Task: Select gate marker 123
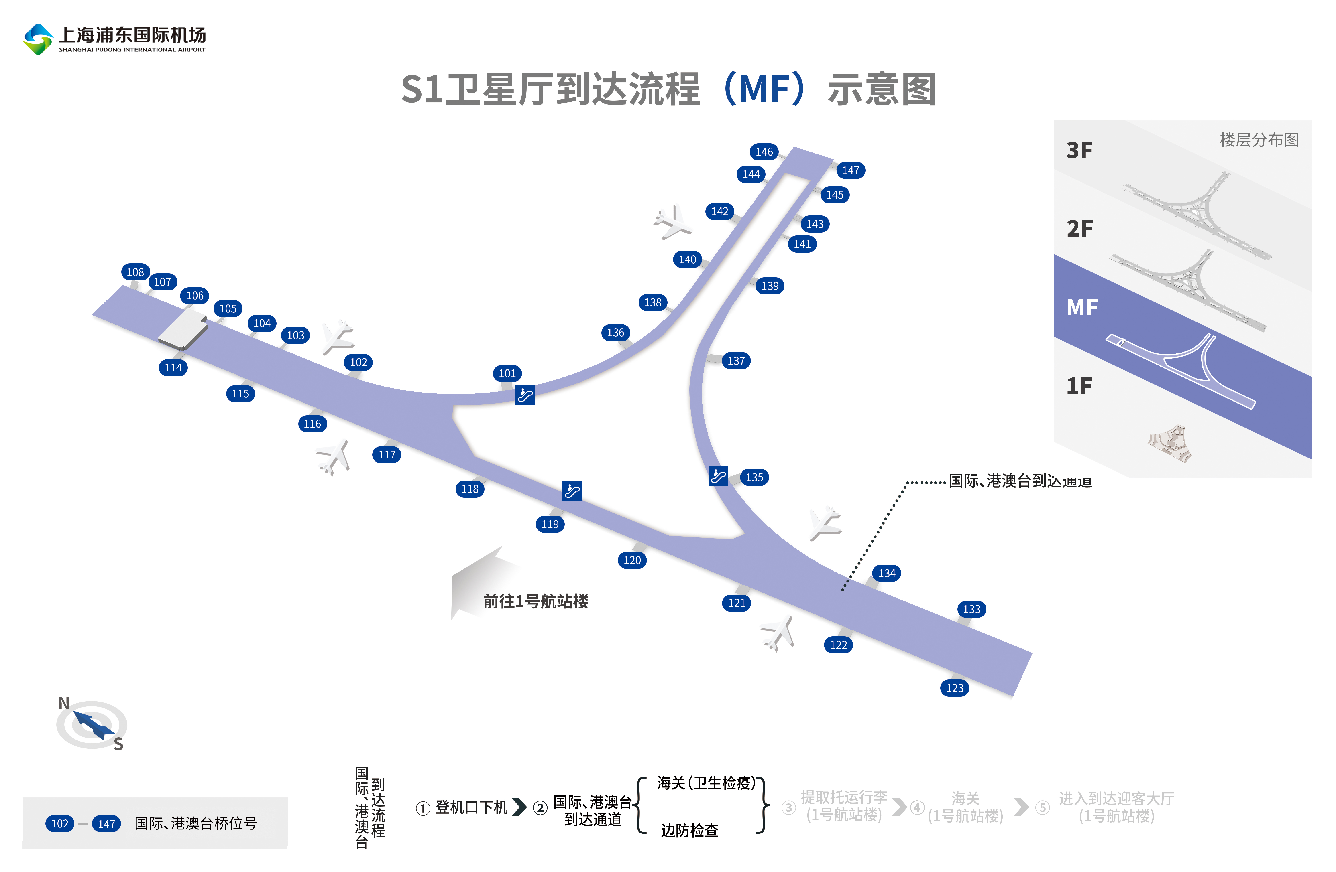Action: pos(954,688)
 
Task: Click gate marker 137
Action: pos(736,361)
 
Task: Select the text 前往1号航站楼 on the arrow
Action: pos(536,602)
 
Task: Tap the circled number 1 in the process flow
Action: pos(423,808)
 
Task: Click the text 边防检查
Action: pos(689,830)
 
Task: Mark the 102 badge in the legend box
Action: pos(59,824)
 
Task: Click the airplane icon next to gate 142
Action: pos(672,222)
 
